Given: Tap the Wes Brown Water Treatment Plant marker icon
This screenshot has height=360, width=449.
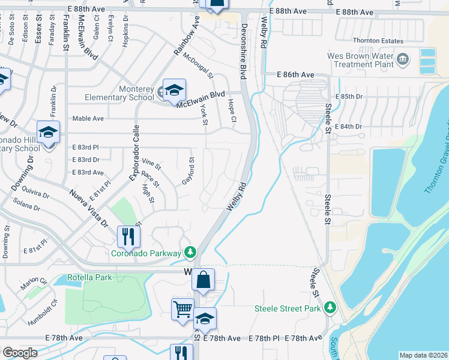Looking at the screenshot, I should tap(402, 59).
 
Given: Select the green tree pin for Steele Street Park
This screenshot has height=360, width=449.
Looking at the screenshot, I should tap(329, 308).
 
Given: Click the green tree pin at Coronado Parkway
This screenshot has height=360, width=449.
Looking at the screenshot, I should tap(190, 251).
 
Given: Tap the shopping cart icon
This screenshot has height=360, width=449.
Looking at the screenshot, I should tap(182, 310).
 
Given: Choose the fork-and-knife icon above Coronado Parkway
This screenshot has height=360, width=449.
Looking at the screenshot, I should tap(127, 236).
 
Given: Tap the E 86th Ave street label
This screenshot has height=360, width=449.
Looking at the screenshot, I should tap(296, 74).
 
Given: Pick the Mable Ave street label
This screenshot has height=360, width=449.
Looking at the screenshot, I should tap(88, 119).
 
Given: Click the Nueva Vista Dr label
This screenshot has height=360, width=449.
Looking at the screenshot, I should tap(88, 207).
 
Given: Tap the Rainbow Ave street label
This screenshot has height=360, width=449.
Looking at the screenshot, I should tap(186, 37).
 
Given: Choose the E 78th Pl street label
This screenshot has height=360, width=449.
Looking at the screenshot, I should tap(264, 339).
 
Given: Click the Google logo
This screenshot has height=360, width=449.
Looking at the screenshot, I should tap(20, 353).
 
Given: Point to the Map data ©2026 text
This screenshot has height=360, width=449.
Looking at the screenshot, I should tap(423, 355).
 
